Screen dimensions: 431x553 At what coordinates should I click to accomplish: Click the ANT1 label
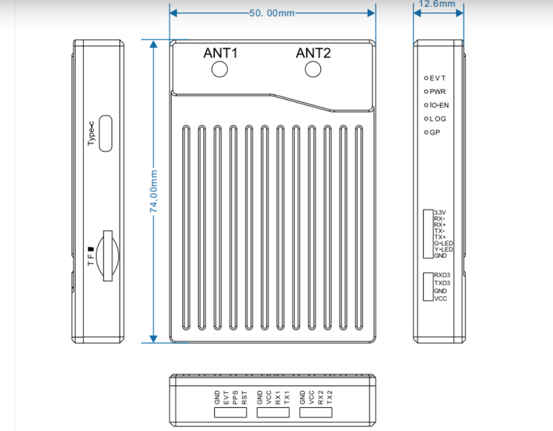click(x=220, y=53)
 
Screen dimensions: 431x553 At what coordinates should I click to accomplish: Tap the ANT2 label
click(x=313, y=53)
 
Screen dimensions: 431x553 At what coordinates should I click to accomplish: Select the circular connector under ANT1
click(x=220, y=70)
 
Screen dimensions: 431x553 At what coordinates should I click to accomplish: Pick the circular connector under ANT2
click(x=313, y=70)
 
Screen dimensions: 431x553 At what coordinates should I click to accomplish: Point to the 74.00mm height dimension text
click(x=154, y=190)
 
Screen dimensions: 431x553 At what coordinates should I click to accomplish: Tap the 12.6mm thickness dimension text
click(x=438, y=4)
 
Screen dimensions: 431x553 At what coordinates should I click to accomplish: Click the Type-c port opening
click(x=107, y=133)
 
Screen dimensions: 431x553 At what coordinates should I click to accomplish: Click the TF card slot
click(x=108, y=255)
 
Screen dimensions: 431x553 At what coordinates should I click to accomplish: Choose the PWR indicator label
click(x=437, y=92)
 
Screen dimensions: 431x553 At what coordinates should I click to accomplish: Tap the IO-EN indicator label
click(x=439, y=105)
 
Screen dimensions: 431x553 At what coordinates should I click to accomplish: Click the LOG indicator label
click(x=437, y=119)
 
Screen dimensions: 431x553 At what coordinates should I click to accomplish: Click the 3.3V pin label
click(x=440, y=212)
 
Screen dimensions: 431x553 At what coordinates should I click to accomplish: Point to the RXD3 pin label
click(x=442, y=275)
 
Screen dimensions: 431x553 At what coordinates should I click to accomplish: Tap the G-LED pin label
click(x=443, y=243)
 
